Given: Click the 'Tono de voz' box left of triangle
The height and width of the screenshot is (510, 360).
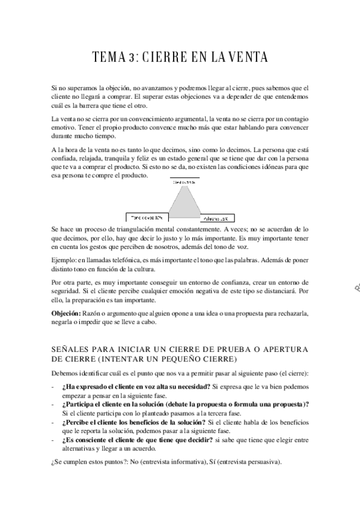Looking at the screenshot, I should [x=147, y=218].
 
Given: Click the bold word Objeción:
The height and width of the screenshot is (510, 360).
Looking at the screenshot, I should [x=66, y=313].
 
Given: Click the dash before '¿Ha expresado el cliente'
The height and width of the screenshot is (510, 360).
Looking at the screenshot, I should [x=53, y=386].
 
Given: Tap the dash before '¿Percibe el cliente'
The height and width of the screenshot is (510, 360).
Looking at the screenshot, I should [x=53, y=423].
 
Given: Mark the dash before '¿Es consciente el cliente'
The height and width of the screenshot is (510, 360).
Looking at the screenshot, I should [x=53, y=441].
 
